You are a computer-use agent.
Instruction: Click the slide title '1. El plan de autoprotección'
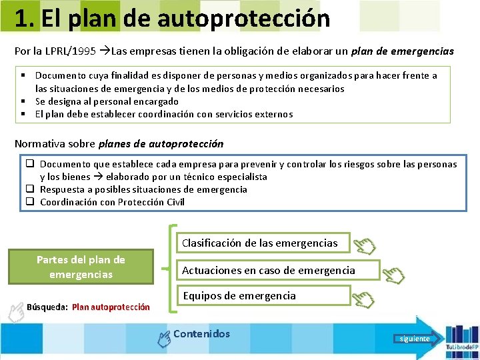[x=172, y=18]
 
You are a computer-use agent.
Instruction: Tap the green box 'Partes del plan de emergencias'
[x=81, y=267]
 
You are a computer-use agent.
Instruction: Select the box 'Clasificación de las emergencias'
[x=259, y=243]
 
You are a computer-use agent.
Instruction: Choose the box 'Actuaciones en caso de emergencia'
[x=269, y=270]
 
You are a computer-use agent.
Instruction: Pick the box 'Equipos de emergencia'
[x=239, y=295]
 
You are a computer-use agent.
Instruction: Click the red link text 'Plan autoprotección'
[x=111, y=307]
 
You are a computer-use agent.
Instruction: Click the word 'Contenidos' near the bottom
[x=201, y=334]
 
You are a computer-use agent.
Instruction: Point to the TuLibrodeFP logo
[x=460, y=339]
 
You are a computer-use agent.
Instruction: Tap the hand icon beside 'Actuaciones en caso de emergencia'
[x=395, y=274]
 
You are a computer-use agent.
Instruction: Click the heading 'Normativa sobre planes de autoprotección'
[x=119, y=143]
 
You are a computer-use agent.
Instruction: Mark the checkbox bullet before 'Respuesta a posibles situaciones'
[x=31, y=189]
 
